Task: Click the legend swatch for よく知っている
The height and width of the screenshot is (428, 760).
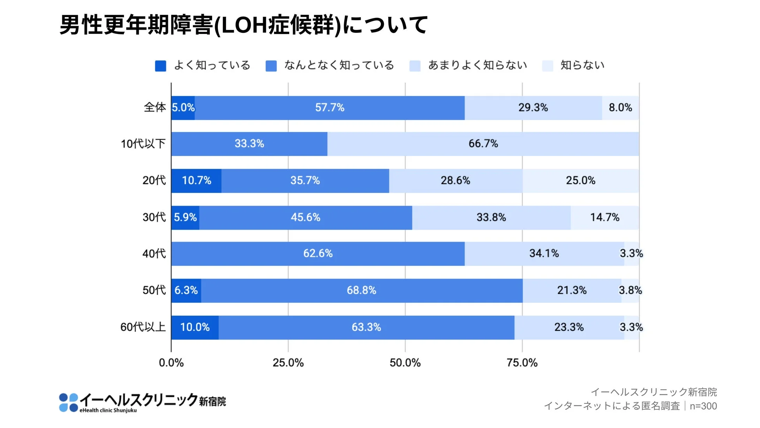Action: point(161,66)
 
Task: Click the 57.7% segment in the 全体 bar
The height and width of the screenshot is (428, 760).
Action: point(330,108)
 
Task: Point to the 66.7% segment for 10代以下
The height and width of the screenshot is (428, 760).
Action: point(483,144)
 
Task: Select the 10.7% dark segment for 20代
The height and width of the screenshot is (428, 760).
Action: point(196,180)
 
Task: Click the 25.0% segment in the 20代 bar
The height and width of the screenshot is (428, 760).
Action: point(580,180)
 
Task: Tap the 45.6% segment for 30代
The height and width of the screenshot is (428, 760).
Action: point(306,217)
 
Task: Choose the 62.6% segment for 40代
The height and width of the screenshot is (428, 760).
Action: point(318,254)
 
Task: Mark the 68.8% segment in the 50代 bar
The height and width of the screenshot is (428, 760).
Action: point(361,290)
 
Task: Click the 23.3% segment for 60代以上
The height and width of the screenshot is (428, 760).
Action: point(569,327)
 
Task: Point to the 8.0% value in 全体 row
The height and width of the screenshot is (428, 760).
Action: point(620,108)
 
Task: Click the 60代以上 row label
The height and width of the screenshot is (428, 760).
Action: point(143,327)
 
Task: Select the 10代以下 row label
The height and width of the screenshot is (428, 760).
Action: point(143,144)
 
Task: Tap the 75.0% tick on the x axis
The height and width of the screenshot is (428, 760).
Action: point(522,363)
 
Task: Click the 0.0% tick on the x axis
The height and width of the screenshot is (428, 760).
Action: point(171,363)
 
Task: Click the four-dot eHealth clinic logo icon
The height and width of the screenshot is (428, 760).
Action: point(69,403)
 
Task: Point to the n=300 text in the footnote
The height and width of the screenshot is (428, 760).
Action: point(703,406)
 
